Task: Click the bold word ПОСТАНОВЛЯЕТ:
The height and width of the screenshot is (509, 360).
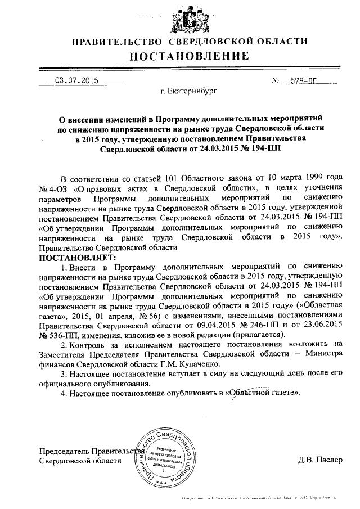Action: (76, 257)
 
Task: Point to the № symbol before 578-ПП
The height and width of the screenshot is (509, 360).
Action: (276, 80)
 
